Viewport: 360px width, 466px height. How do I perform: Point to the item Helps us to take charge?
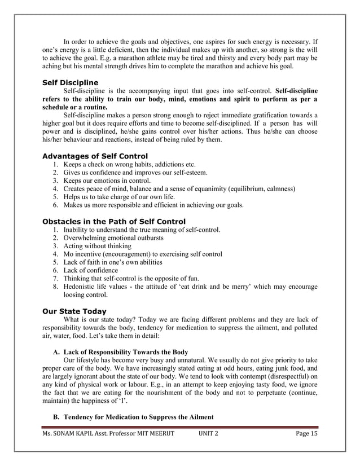118,197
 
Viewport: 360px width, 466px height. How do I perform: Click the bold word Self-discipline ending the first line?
296,90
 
